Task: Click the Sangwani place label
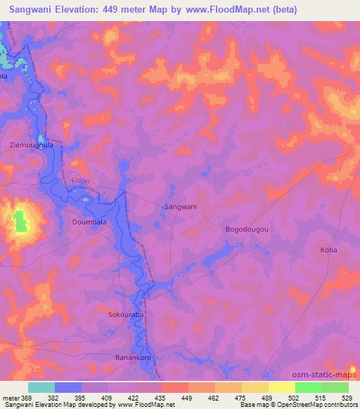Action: (180, 207)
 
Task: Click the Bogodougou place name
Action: (247, 229)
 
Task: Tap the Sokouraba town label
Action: (126, 314)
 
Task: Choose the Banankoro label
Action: (134, 358)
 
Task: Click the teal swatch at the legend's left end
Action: (41, 387)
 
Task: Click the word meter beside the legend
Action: (10, 398)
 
